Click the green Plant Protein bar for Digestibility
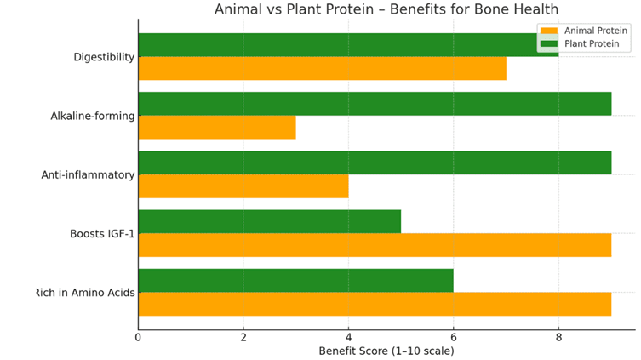348,45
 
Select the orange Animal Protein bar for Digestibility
322,68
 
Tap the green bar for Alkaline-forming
375,104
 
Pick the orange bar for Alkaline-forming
217,127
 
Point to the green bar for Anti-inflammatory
375,163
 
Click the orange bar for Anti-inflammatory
243,186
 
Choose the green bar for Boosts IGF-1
269,221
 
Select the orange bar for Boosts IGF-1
375,245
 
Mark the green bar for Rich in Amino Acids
296,281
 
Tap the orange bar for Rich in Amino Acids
375,304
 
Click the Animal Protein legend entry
584,31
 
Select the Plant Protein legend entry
580,43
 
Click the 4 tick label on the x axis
348,338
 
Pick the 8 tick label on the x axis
558,338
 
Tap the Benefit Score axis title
386,351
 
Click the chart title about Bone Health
386,9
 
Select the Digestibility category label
104,57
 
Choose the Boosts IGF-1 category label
102,234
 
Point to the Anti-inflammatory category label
88,174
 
